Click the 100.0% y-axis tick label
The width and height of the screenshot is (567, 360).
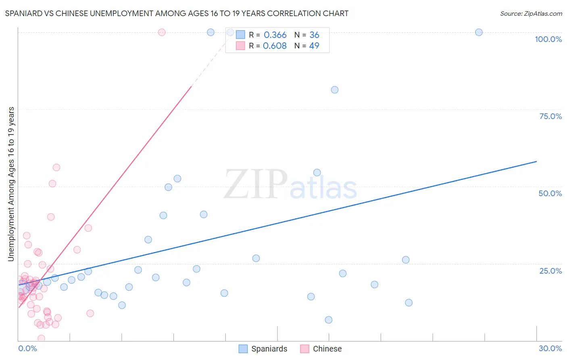548,39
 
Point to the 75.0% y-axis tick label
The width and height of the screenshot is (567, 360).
550,116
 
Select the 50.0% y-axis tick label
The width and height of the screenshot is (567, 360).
550,193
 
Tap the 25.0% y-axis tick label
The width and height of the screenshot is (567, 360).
550,271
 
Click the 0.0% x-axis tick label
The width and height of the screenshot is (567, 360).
27,348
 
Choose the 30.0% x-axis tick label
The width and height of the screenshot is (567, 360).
550,348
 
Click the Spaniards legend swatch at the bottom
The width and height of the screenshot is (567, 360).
243,349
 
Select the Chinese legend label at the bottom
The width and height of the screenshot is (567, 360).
327,349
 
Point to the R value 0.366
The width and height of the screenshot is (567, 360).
275,35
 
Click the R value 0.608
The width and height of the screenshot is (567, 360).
275,46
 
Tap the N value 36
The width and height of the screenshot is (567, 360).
314,35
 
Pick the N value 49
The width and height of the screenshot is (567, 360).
314,46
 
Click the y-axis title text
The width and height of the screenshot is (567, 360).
11,184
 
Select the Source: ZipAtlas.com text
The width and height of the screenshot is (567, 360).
531,14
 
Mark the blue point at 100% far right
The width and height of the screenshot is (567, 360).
479,32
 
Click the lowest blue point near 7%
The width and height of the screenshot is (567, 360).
329,320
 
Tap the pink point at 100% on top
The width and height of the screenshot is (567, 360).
162,32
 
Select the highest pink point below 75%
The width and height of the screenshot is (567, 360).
56,167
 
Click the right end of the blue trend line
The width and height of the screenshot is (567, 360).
536,161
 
